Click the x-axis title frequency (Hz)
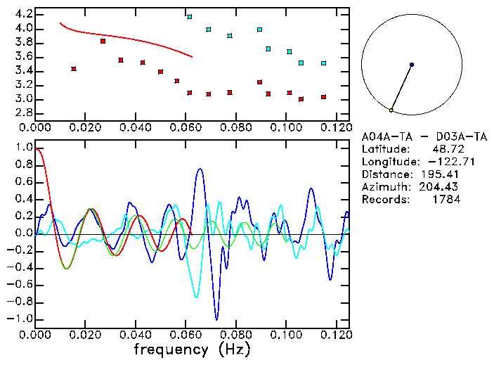192,349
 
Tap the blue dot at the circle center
412,65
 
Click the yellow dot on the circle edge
391,110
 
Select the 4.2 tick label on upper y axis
24,14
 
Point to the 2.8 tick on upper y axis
24,113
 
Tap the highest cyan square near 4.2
189,16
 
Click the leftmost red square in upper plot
74,69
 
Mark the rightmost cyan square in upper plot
323,63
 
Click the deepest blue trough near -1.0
217,319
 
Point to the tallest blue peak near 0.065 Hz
200,169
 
